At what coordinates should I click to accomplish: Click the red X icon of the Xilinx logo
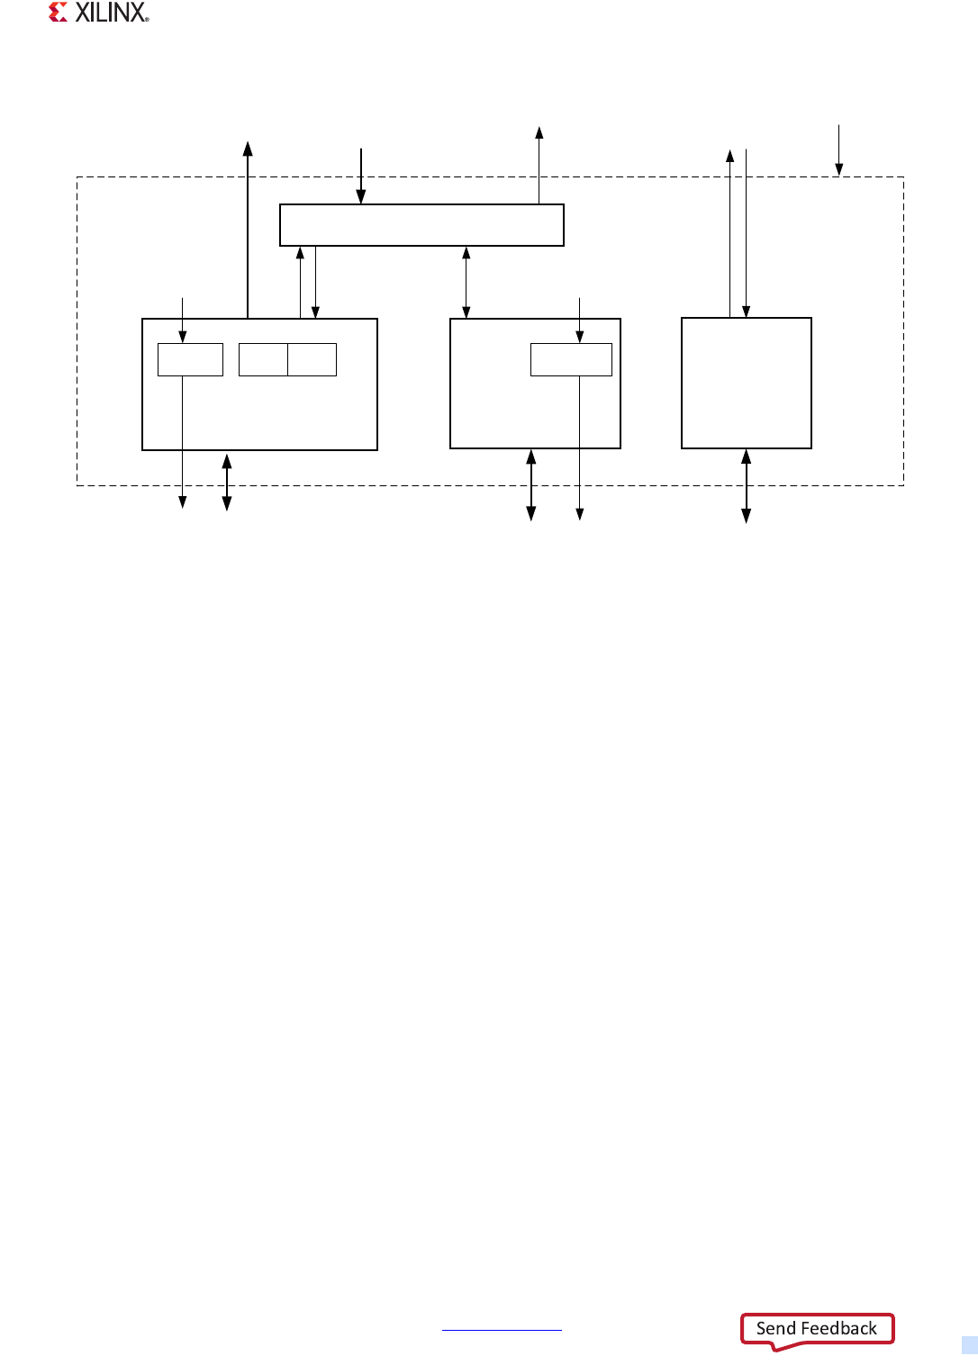pyautogui.click(x=59, y=13)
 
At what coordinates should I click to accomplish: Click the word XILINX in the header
pyautogui.click(x=111, y=13)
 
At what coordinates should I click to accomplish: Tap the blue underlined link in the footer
pyautogui.click(x=502, y=1329)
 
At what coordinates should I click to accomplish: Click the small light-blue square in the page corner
pyautogui.click(x=969, y=1345)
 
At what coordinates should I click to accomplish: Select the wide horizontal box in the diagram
pyautogui.click(x=421, y=225)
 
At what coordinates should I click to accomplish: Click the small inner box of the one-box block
pyautogui.click(x=571, y=359)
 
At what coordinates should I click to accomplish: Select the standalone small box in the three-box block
pyautogui.click(x=190, y=359)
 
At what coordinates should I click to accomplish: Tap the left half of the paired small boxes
pyautogui.click(x=263, y=359)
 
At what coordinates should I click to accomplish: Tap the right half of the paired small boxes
pyautogui.click(x=312, y=359)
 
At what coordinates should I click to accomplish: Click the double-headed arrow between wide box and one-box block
pyautogui.click(x=466, y=282)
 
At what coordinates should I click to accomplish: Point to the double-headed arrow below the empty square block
pyautogui.click(x=746, y=486)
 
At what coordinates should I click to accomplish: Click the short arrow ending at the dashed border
pyautogui.click(x=838, y=149)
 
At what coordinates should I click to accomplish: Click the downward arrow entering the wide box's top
pyautogui.click(x=361, y=176)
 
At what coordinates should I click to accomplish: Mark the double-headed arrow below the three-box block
pyautogui.click(x=227, y=482)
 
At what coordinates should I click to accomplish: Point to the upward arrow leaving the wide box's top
pyautogui.click(x=539, y=166)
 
